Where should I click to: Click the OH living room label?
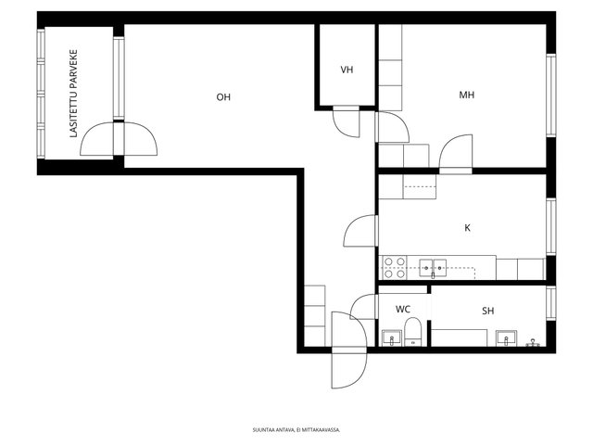click(223, 97)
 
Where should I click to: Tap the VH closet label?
click(347, 70)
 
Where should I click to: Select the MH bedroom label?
click(466, 95)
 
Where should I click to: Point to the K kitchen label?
click(467, 228)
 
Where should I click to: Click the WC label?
click(403, 309)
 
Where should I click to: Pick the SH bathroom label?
click(488, 311)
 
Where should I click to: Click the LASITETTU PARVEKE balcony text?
click(74, 94)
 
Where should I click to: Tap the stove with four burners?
click(395, 268)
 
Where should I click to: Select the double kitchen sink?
click(433, 268)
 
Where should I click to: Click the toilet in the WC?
click(412, 332)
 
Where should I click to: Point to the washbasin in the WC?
click(392, 337)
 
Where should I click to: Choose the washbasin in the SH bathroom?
click(507, 337)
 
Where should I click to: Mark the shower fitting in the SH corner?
click(533, 342)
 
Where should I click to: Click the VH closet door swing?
click(346, 121)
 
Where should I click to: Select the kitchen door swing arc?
click(360, 231)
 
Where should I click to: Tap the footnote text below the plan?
click(296, 430)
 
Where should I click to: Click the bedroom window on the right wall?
click(551, 95)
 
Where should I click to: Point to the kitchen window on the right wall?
click(551, 226)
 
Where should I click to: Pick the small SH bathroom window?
click(551, 303)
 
